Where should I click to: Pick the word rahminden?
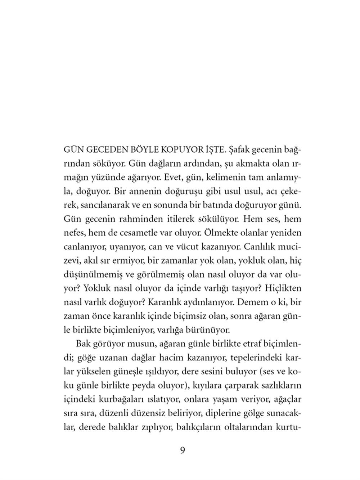[x=146, y=219]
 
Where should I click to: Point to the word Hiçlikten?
[x=281, y=288]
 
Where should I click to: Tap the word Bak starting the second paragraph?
[x=82, y=344]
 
